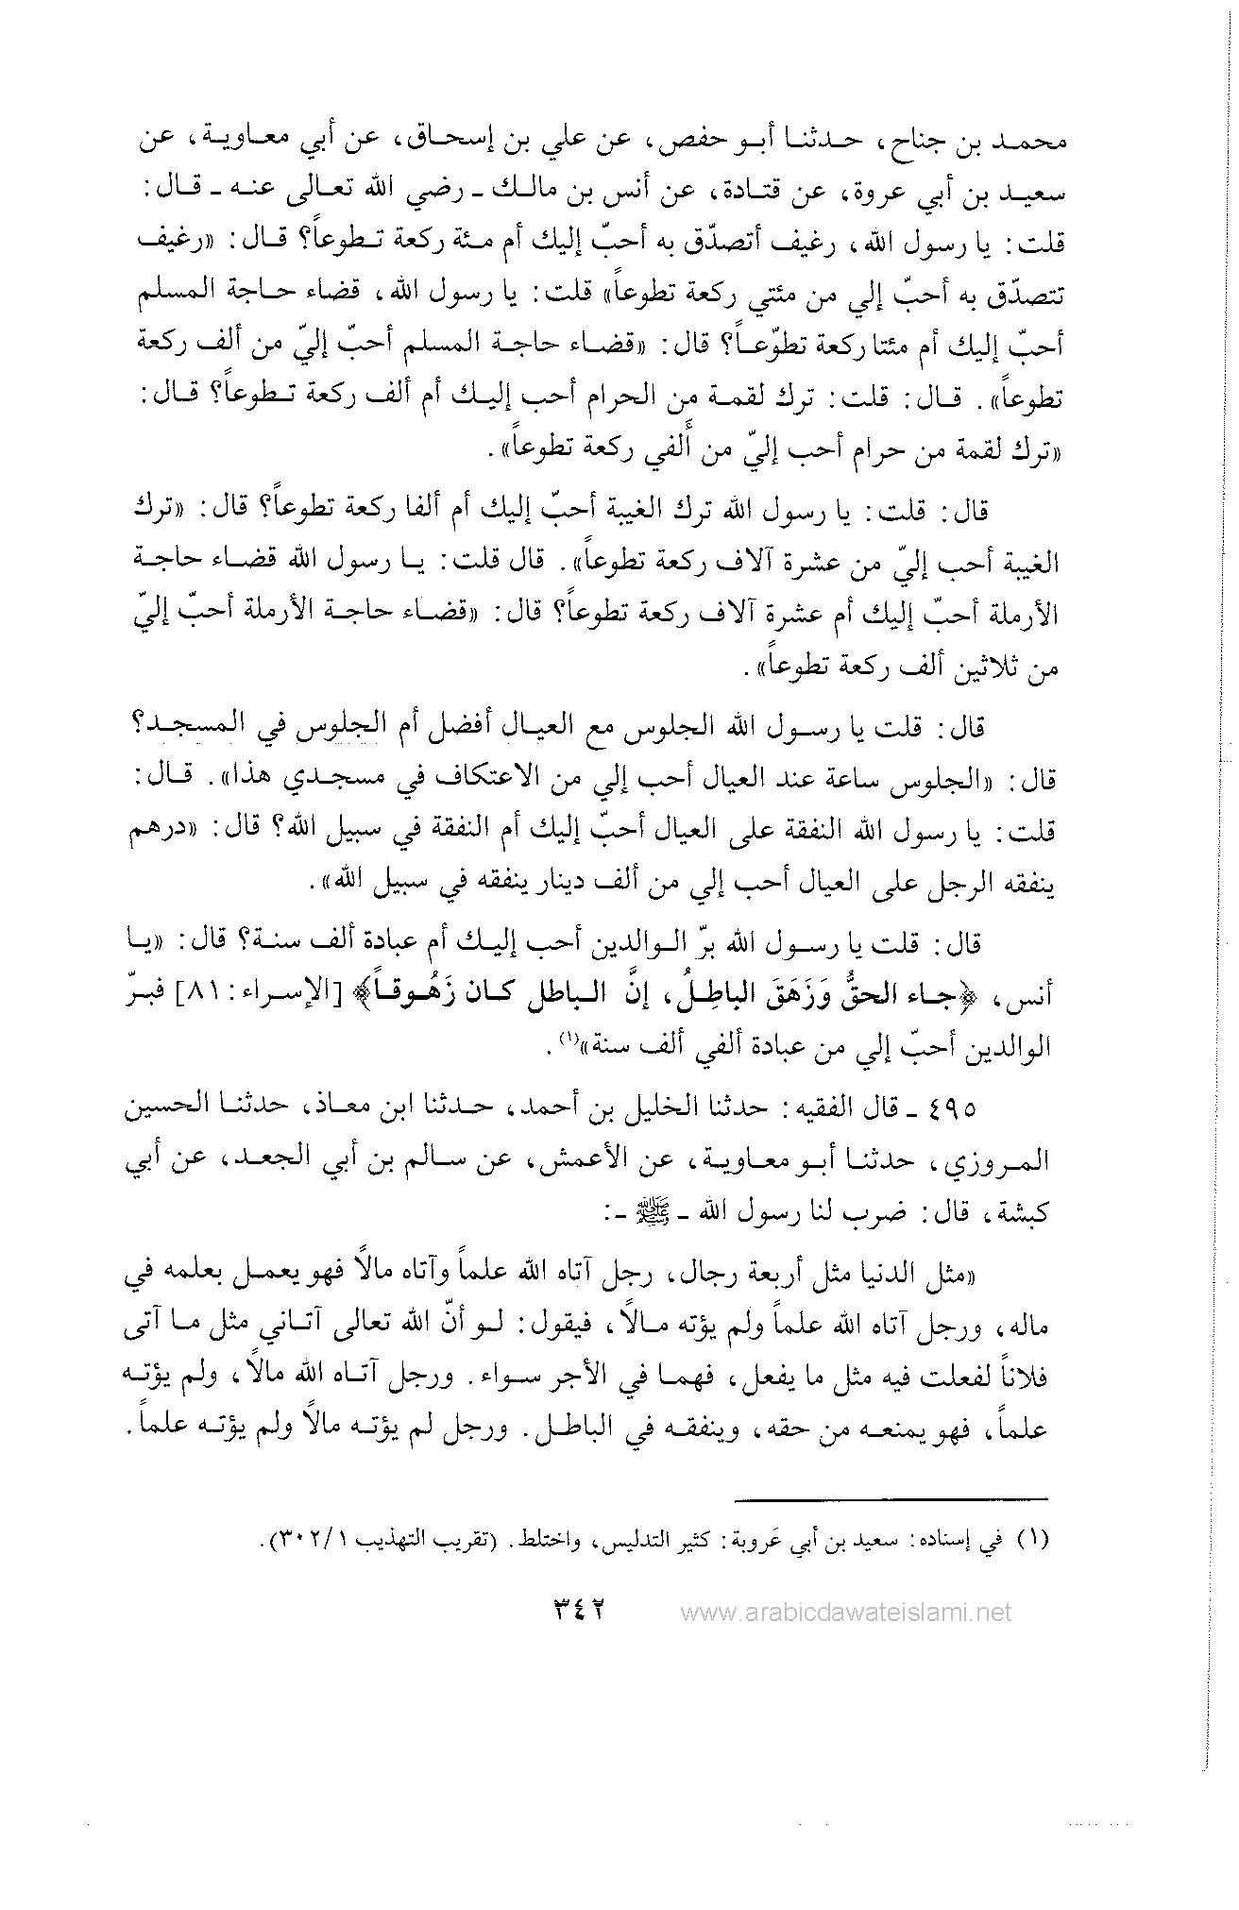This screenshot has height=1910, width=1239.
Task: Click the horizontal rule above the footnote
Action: coord(892,1497)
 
